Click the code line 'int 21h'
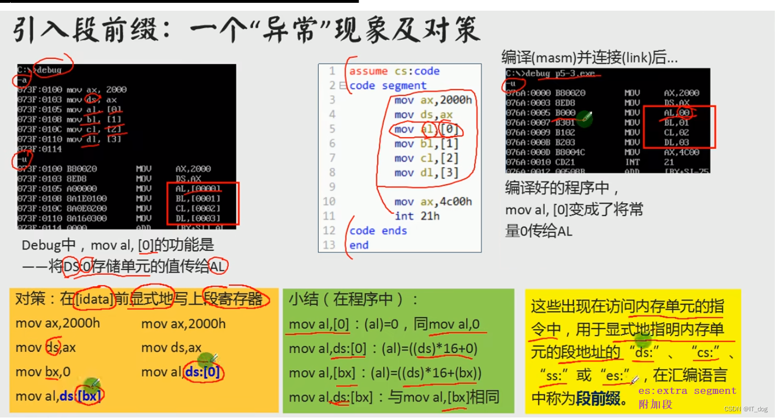pyautogui.click(x=417, y=216)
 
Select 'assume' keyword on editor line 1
pyautogui.click(x=368, y=71)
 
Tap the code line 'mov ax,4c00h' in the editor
pyautogui.click(x=433, y=201)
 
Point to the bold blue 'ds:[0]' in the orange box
pyautogui.click(x=203, y=372)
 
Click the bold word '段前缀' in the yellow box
pyautogui.click(x=598, y=399)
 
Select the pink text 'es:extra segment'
pyautogui.click(x=687, y=391)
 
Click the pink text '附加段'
pyautogui.click(x=655, y=404)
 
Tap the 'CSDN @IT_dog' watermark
pyautogui.click(x=746, y=409)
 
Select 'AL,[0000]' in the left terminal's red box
pyautogui.click(x=198, y=189)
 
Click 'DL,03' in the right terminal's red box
pyautogui.click(x=677, y=143)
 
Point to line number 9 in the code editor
pyautogui.click(x=332, y=187)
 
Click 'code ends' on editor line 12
pyautogui.click(x=378, y=231)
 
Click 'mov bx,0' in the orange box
pyautogui.click(x=43, y=372)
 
